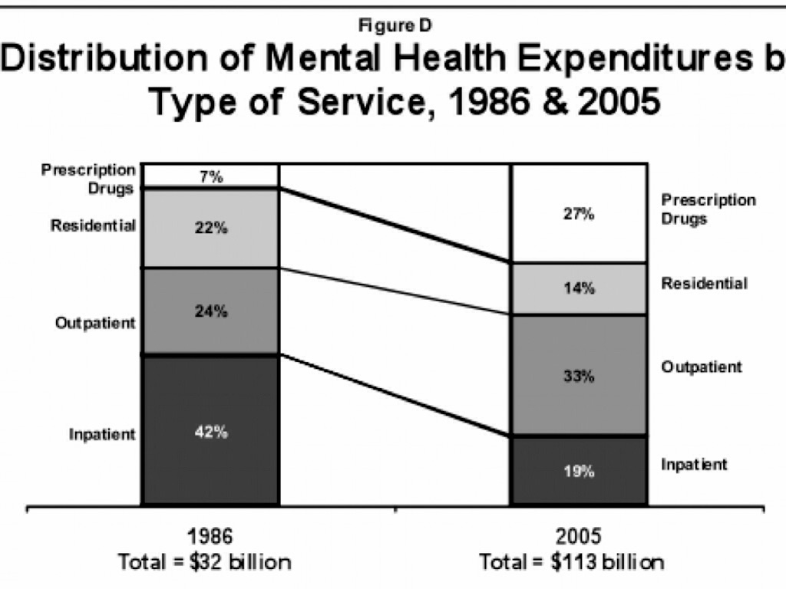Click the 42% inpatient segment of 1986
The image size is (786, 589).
click(210, 429)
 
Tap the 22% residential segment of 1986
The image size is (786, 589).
click(210, 228)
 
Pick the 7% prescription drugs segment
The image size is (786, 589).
click(210, 176)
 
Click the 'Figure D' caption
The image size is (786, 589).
click(395, 25)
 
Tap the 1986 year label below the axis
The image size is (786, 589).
click(205, 535)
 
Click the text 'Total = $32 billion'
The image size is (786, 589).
click(205, 562)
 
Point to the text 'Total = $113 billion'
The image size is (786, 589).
click(572, 562)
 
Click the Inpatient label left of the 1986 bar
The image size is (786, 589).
click(102, 435)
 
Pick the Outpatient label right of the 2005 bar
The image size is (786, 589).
click(702, 367)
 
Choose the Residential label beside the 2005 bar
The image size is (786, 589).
click(704, 283)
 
